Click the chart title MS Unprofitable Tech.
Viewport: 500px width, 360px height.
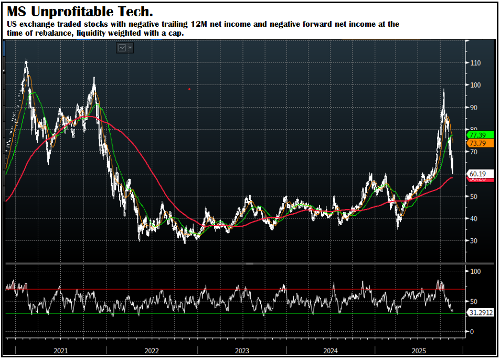[80, 11]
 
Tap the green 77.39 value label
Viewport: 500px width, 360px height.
[477, 135]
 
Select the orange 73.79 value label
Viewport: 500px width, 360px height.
[477, 143]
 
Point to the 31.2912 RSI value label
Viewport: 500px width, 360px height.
[480, 313]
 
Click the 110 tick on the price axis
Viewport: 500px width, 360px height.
[476, 63]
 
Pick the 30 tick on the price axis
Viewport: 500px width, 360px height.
[474, 241]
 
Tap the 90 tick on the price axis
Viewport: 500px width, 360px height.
[474, 108]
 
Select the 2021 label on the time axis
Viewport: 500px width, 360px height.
[60, 351]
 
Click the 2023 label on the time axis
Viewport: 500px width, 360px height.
[242, 351]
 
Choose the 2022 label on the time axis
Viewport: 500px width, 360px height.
[152, 351]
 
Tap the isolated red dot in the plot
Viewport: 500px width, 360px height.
[189, 89]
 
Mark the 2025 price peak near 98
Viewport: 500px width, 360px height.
[444, 90]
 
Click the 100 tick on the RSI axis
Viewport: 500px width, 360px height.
[476, 271]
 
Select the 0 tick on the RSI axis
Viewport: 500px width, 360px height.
[472, 332]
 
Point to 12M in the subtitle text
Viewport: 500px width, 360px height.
[198, 24]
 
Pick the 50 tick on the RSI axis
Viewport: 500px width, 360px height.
[474, 302]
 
